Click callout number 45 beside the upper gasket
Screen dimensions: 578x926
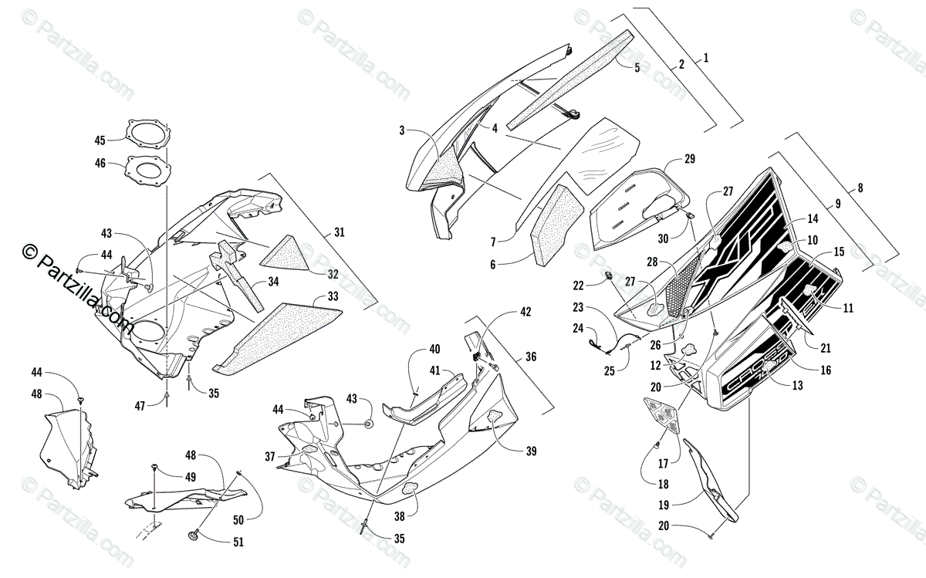pyautogui.click(x=100, y=140)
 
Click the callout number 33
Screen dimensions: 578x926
pyautogui.click(x=333, y=296)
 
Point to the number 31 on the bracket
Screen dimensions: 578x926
pyautogui.click(x=340, y=232)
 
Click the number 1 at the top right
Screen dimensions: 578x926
pyautogui.click(x=705, y=58)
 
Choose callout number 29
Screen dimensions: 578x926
pyautogui.click(x=689, y=159)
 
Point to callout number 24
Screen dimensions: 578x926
pyautogui.click(x=578, y=327)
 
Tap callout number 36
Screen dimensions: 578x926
pyautogui.click(x=530, y=357)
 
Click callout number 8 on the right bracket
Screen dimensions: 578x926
pyautogui.click(x=860, y=188)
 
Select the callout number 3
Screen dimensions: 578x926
pyautogui.click(x=402, y=130)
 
